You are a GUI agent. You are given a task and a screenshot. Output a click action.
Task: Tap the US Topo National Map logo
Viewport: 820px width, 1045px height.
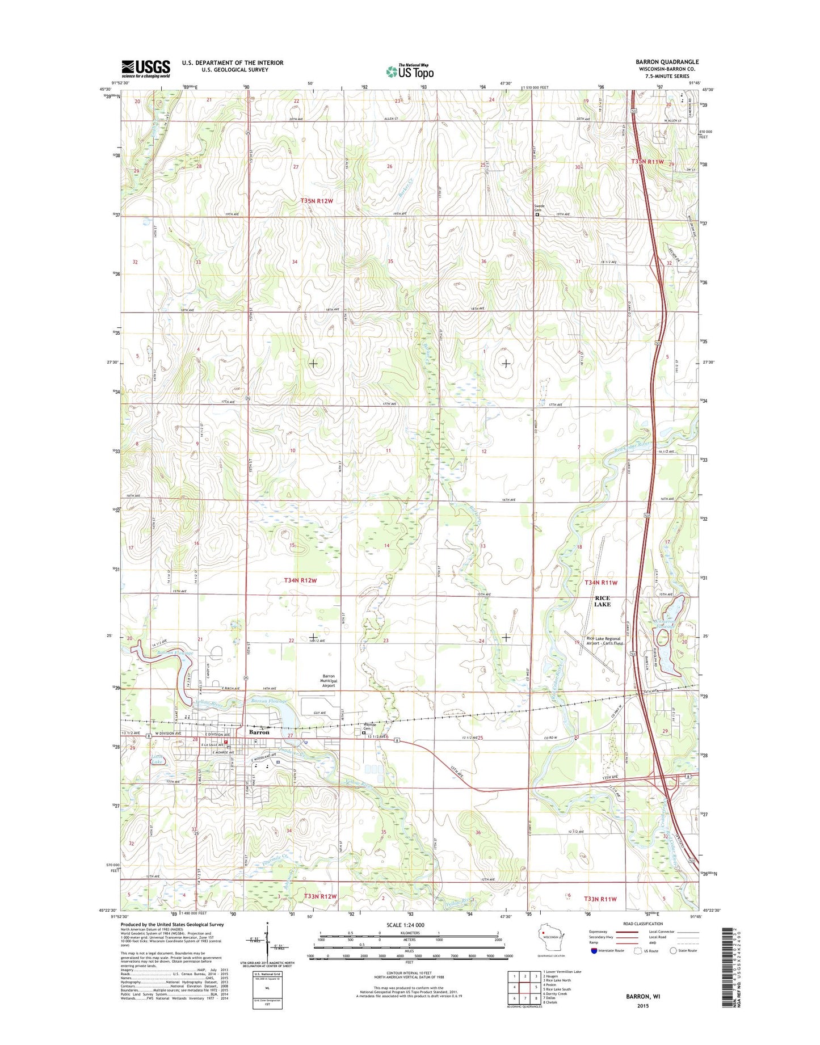coord(410,71)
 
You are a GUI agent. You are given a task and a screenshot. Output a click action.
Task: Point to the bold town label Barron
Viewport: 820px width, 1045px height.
coord(259,732)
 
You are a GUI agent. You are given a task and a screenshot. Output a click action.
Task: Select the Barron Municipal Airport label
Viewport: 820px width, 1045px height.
coord(329,681)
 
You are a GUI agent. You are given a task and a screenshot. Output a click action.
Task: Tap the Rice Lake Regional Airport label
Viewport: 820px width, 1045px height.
coord(604,641)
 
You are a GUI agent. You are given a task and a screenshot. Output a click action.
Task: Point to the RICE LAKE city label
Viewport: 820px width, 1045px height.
coord(602,601)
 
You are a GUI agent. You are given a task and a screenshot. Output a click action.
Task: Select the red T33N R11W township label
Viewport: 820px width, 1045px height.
coord(600,899)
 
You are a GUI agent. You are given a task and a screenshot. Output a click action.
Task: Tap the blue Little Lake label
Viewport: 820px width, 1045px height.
coord(157,759)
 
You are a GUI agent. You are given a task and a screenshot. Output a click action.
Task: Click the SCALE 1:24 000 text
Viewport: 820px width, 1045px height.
coord(405,925)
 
